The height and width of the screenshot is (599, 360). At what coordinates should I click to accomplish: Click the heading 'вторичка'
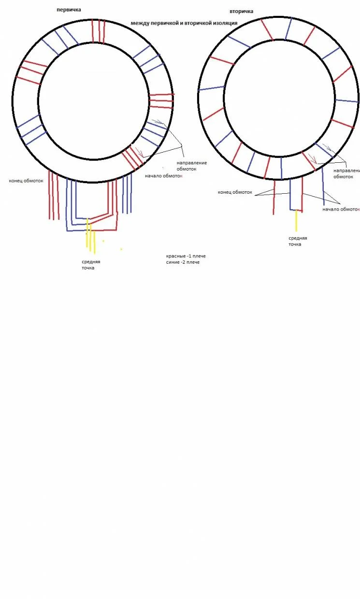coord(242,11)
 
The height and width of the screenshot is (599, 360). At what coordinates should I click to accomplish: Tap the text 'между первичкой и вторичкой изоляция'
coord(184,23)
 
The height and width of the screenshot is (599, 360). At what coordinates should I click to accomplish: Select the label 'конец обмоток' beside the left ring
coord(26,181)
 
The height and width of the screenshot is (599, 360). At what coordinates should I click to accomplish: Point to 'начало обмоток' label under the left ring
coord(164,175)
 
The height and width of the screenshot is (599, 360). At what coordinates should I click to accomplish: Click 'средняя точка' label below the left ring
coord(91,265)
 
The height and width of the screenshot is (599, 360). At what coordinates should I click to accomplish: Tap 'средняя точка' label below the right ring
coord(298,241)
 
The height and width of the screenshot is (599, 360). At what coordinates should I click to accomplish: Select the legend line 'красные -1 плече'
coord(186,256)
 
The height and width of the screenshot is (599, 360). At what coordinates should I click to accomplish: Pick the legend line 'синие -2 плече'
coord(183,262)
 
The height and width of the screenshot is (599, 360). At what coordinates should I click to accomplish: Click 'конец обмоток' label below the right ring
coord(235,192)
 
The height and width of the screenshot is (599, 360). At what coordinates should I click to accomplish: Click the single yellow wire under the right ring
coord(296,221)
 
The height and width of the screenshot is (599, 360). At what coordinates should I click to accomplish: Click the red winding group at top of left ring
coord(98,30)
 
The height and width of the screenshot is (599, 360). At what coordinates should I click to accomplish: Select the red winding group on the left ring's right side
coord(161,100)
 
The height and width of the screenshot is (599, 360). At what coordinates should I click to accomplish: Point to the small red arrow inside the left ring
coord(140,153)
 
